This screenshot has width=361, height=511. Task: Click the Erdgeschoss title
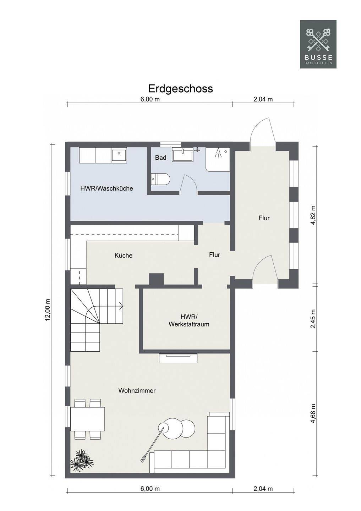(180, 89)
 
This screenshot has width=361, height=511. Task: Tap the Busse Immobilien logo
(318, 44)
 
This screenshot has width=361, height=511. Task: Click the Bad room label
(161, 158)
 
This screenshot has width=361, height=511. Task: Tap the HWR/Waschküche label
(106, 189)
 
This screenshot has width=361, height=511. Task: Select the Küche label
(124, 255)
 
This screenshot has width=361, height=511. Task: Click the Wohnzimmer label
(137, 391)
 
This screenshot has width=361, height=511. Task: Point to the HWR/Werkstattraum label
(189, 320)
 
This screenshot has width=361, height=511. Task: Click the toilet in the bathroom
(161, 179)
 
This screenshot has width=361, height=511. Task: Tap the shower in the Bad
(218, 159)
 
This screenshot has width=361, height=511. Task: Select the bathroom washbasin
(182, 154)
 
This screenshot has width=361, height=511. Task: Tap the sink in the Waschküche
(119, 155)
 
